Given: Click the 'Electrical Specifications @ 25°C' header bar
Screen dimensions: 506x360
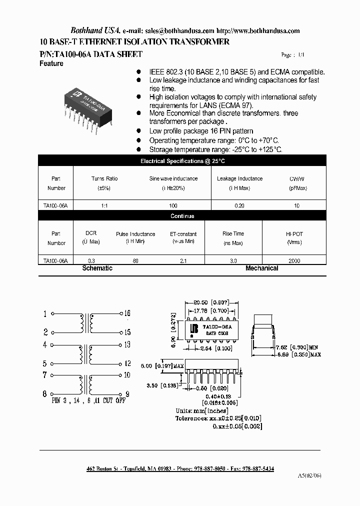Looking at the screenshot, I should tap(182, 161).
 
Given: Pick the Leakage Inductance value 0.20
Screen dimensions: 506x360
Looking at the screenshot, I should tap(239, 206).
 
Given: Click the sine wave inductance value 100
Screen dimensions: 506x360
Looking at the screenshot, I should tap(173, 206).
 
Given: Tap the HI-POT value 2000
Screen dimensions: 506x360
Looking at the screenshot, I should tap(294, 261).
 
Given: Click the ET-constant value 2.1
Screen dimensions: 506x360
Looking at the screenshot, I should tap(183, 261).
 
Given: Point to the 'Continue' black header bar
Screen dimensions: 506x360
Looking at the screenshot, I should tap(182, 216).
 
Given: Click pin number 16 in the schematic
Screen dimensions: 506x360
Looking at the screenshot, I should tap(127, 313).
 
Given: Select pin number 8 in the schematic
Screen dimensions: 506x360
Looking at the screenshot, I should tap(45, 394).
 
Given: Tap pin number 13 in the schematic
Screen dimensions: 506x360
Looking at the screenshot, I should tap(127, 344).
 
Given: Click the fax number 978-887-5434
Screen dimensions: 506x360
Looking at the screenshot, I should tap(255, 469).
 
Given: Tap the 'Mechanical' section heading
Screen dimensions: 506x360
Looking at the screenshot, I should tap(261, 268).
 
